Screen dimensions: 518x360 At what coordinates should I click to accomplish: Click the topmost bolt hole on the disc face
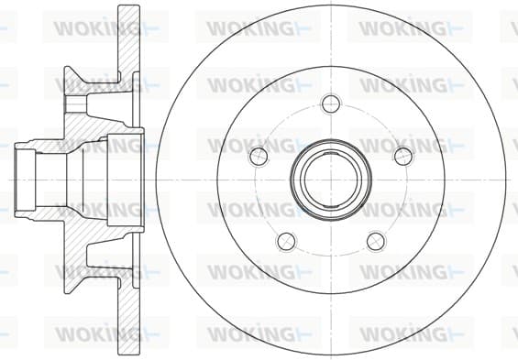(331, 104)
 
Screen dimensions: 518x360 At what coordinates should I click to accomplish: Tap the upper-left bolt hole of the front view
(258, 156)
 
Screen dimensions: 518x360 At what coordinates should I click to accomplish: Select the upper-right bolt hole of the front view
(404, 156)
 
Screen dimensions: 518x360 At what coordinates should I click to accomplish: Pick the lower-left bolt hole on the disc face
(286, 242)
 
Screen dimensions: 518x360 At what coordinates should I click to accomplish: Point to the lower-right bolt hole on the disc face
(376, 242)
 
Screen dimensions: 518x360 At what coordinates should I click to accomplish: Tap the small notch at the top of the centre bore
(331, 154)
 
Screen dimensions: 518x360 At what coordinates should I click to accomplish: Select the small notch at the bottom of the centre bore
(331, 206)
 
